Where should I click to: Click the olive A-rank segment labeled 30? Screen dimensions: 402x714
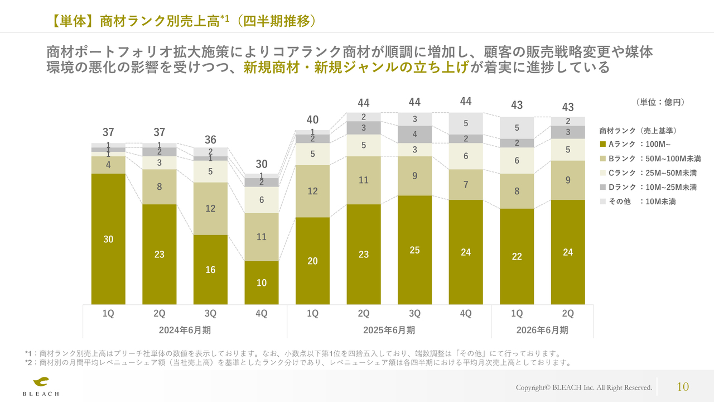[x=108, y=239]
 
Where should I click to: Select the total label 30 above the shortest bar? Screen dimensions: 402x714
[x=262, y=164]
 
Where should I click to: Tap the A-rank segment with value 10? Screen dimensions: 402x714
[x=262, y=283]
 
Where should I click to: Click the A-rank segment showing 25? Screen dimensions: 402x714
[x=414, y=250]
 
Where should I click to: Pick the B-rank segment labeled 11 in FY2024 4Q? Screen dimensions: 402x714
[x=262, y=237]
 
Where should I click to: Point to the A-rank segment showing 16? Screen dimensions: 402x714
[x=210, y=270]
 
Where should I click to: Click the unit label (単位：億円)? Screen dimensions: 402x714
[x=660, y=102]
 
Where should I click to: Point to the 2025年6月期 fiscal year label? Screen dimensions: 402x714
[x=389, y=330]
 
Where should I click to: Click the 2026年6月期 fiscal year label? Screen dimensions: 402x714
[x=542, y=330]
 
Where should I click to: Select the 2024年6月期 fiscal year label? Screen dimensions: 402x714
[x=185, y=330]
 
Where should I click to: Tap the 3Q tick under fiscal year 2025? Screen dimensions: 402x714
[x=414, y=314]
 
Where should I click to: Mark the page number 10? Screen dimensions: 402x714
[x=683, y=386]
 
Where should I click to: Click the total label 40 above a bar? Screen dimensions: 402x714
[x=312, y=120]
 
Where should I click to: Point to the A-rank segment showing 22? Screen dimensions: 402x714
[x=517, y=256]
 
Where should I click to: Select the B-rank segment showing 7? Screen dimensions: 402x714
[x=466, y=184]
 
